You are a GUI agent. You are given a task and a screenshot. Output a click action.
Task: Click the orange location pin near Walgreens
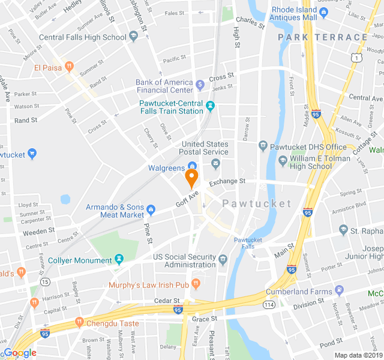click(x=191, y=178)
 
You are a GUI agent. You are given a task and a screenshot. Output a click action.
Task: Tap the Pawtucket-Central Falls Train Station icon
click(x=210, y=107)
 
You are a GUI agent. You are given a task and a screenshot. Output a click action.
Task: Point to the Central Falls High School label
click(x=82, y=37)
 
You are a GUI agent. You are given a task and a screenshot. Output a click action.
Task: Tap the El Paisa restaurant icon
click(x=70, y=67)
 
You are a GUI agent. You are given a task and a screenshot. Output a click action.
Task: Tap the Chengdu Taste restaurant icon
click(x=79, y=323)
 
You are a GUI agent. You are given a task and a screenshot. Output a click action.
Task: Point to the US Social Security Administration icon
click(x=223, y=260)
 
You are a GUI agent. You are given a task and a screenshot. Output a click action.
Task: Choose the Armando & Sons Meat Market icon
click(x=151, y=211)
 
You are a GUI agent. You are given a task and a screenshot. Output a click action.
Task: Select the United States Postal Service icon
click(x=216, y=163)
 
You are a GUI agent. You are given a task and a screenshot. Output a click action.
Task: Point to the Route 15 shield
click(x=45, y=281)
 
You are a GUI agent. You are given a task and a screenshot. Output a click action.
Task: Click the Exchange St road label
click(x=227, y=181)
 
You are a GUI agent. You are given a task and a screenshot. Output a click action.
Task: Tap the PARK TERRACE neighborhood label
click(x=323, y=37)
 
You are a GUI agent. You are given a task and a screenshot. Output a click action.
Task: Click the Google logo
click(x=20, y=353)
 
